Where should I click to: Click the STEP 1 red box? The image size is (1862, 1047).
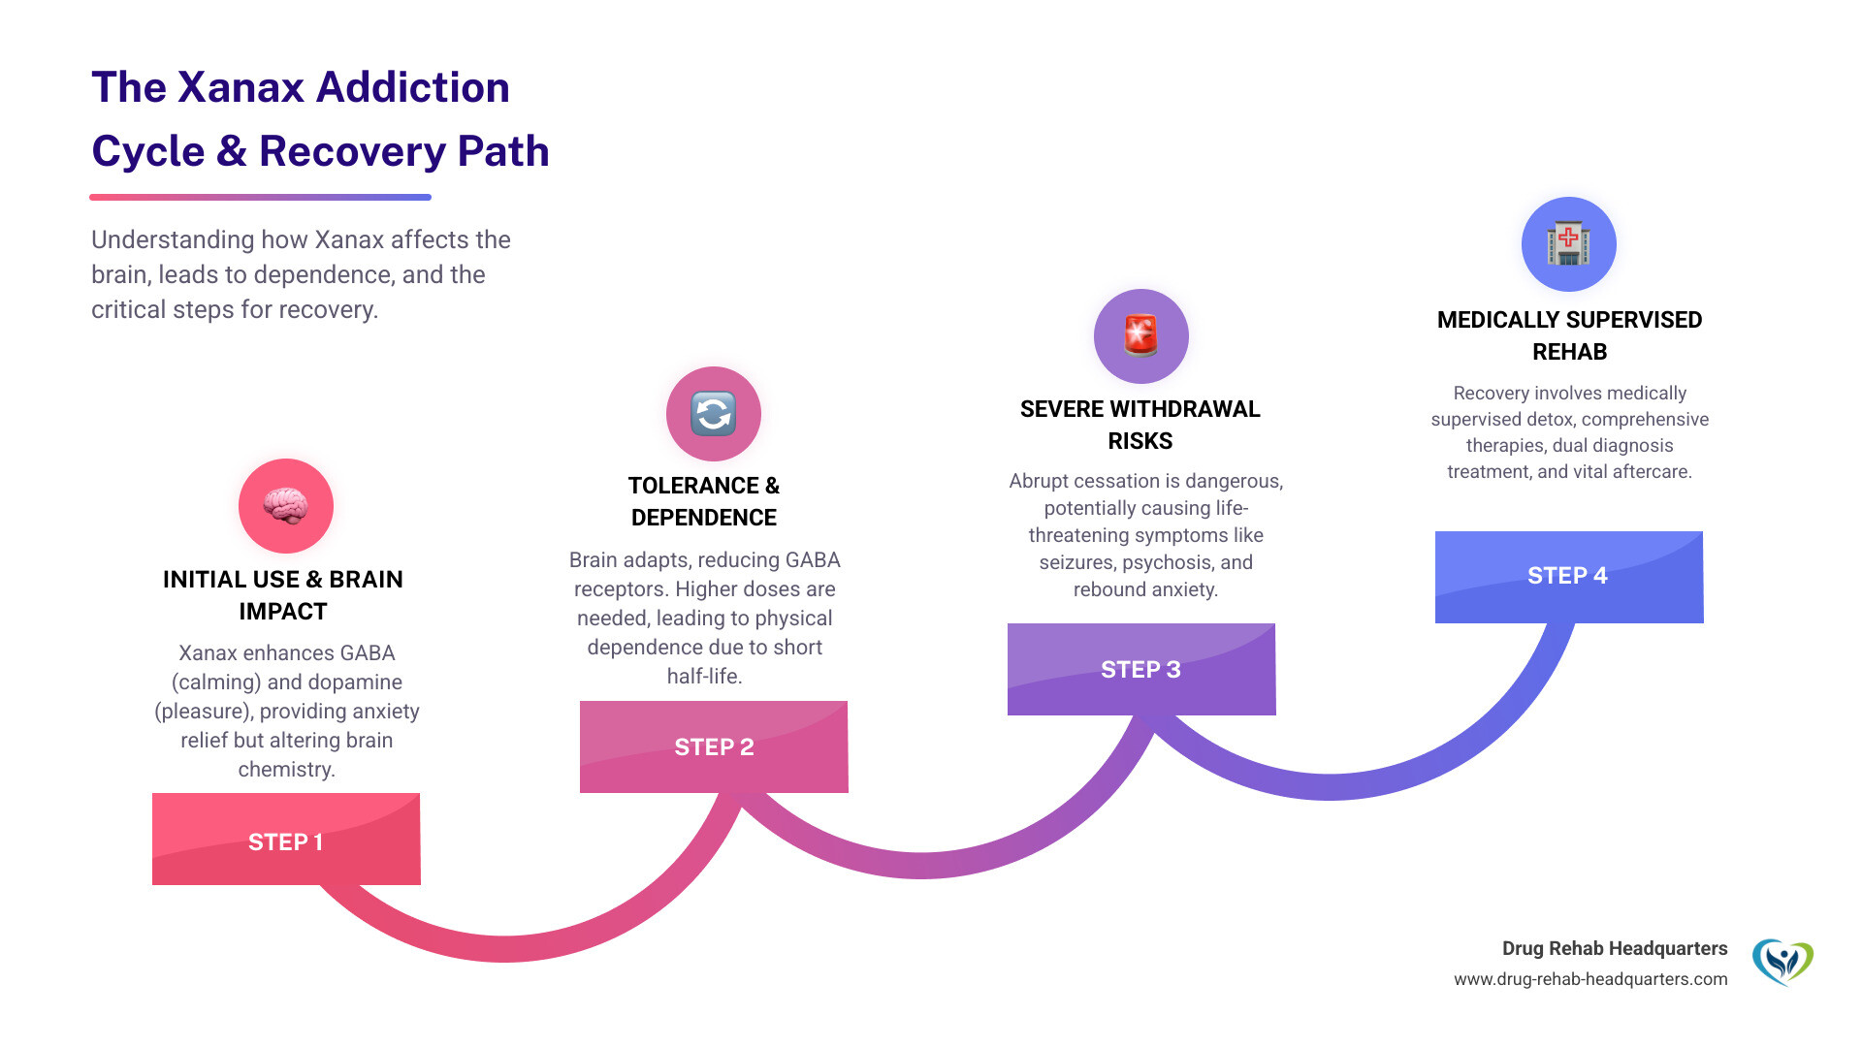286,840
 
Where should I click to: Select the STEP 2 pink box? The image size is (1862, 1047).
714,746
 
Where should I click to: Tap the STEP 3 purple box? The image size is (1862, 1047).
1141,669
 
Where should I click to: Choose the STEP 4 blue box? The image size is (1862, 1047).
1568,576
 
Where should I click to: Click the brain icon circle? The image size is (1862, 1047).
286,506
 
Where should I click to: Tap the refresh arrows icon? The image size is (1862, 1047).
714,414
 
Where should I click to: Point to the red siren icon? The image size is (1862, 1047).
1141,335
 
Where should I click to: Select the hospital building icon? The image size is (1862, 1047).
1568,243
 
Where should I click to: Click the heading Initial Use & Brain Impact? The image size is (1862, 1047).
283,594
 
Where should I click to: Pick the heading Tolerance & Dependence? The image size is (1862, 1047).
704,501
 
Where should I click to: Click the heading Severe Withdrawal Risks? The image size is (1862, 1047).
1140,425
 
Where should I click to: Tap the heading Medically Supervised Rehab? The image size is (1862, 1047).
1569,335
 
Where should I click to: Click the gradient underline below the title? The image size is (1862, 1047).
260,197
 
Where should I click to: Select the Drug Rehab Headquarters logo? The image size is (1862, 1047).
1782,962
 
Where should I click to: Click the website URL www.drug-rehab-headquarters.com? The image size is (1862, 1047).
1590,979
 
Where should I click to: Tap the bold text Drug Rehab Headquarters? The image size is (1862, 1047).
1615,948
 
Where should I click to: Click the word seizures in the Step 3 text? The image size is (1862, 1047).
1076,562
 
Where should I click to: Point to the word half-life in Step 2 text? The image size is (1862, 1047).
703,677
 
